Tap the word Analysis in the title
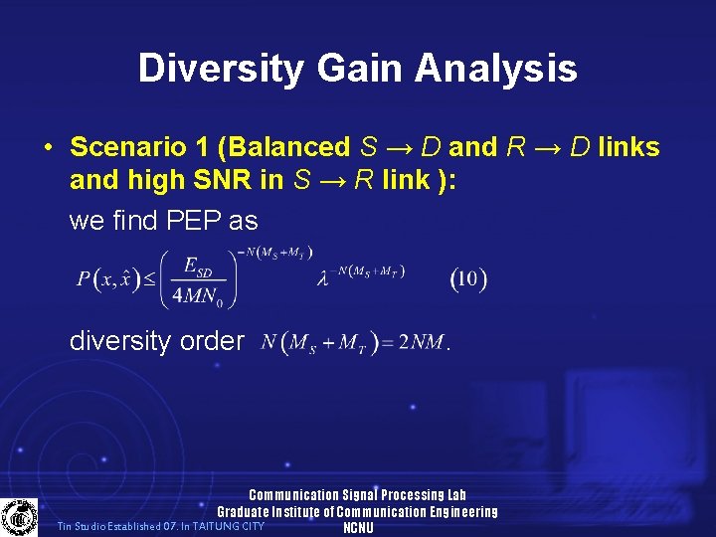496,69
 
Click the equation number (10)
468,279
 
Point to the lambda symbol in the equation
322,281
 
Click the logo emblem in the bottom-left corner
19,517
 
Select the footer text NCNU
357,528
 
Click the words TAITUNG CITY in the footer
230,525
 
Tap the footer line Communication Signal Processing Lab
357,495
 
